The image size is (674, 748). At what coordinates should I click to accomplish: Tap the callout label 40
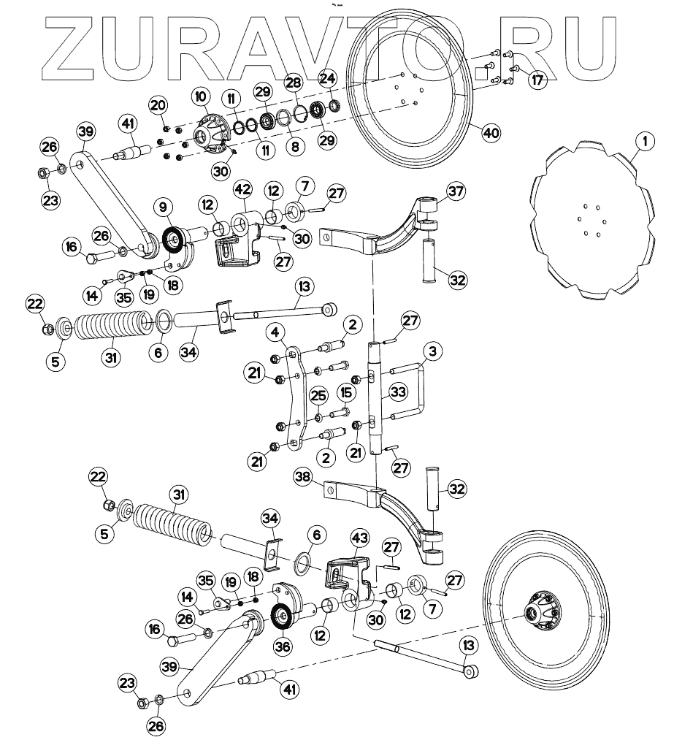point(491,132)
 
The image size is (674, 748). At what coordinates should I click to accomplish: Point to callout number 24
point(327,77)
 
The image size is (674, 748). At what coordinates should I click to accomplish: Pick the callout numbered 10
point(201,96)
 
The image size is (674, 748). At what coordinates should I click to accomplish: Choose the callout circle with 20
point(158,105)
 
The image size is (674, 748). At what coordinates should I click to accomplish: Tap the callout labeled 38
point(303,478)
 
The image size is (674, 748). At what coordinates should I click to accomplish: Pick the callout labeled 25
point(318,396)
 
